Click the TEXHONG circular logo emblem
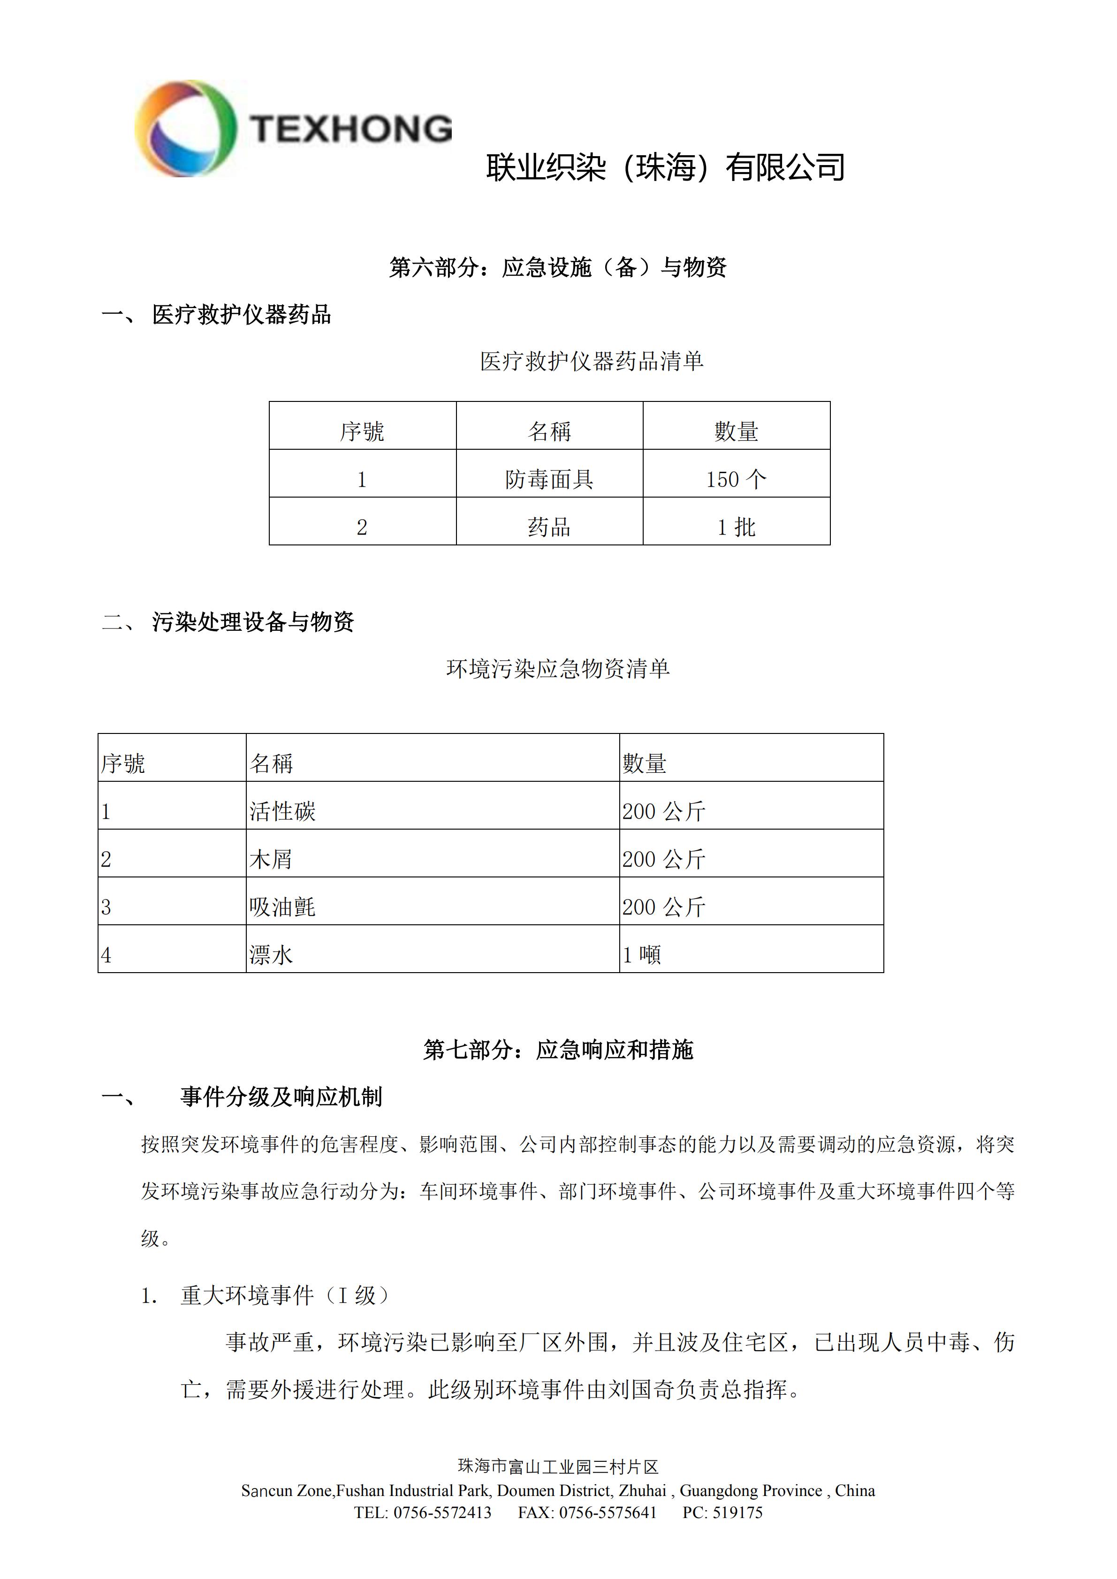pyautogui.click(x=186, y=128)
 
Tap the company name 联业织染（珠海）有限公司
pyautogui.click(x=665, y=167)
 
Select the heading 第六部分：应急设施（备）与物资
pyautogui.click(x=558, y=267)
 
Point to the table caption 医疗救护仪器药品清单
pyautogui.click(x=592, y=361)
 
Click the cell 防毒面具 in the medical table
pyautogui.click(x=549, y=479)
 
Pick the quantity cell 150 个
pyautogui.click(x=736, y=479)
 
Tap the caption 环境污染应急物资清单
pyautogui.click(x=558, y=668)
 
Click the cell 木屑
pyautogui.click(x=271, y=859)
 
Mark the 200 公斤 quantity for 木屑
pyautogui.click(x=664, y=859)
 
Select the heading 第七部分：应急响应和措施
pyautogui.click(x=558, y=1050)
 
